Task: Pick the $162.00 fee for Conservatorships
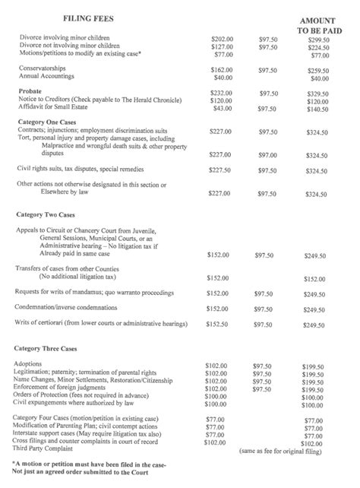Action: coord(221,69)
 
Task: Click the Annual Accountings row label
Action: coord(47,78)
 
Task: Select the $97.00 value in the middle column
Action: coord(267,154)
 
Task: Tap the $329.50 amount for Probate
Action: coord(320,93)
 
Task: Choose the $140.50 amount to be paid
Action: coord(320,109)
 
